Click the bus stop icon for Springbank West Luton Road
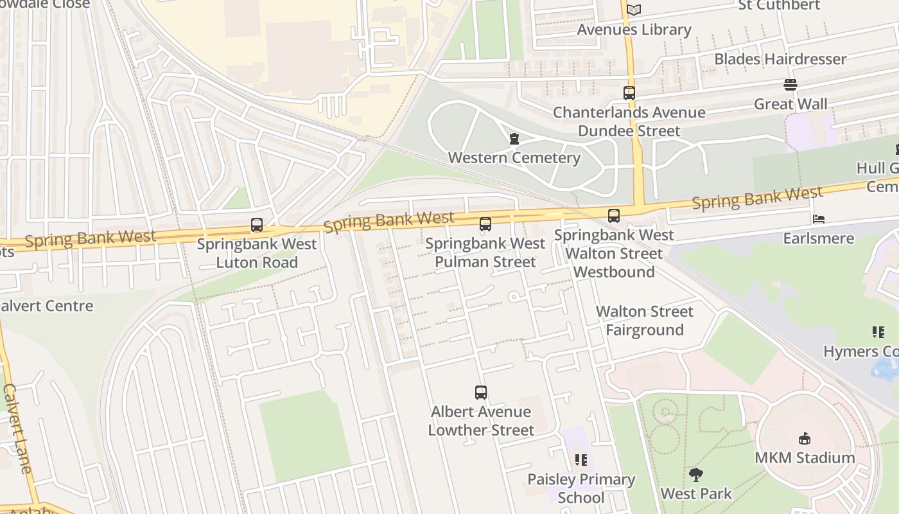point(257,225)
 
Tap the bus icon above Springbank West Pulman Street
point(485,224)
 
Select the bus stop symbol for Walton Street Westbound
point(614,216)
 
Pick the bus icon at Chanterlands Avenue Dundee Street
point(629,93)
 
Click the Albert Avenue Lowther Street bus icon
point(481,393)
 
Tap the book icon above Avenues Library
point(634,10)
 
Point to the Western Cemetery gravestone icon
point(514,139)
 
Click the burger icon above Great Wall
point(790,85)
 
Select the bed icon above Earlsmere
point(818,219)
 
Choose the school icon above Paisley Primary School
point(581,460)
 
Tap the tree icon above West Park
point(695,475)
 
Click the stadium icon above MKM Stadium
point(804,439)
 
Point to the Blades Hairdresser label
point(780,59)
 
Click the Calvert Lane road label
point(17,428)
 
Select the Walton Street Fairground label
point(645,321)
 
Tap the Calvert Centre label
point(46,306)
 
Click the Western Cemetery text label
point(514,158)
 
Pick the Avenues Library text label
point(634,30)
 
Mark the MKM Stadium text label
point(804,458)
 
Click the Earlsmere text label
point(818,238)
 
